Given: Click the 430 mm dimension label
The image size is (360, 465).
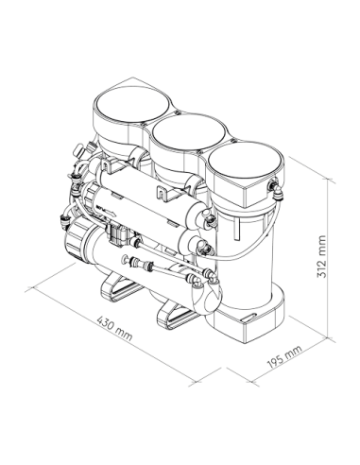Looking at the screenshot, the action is pyautogui.click(x=114, y=329).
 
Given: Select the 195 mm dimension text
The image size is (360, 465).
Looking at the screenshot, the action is pyautogui.click(x=284, y=356).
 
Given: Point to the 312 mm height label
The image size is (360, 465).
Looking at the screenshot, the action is pyautogui.click(x=321, y=256).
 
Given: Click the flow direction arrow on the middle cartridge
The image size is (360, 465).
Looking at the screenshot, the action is pyautogui.click(x=106, y=210).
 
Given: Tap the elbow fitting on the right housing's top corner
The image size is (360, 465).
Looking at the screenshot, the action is pyautogui.click(x=277, y=190).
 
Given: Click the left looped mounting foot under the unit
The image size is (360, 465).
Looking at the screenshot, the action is pyautogui.click(x=121, y=287).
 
